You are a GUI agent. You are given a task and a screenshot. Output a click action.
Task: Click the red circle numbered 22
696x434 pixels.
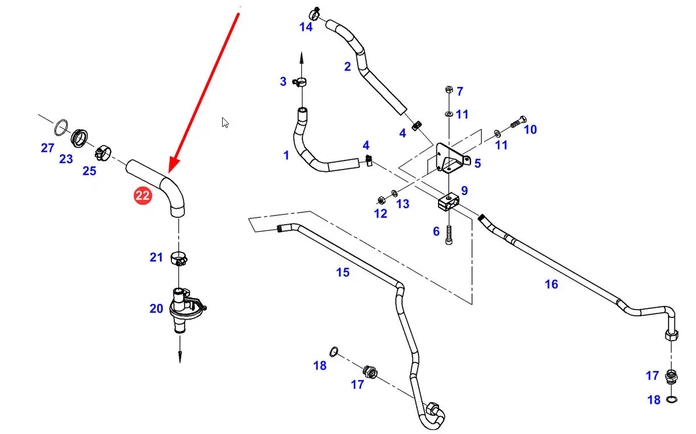click(x=142, y=196)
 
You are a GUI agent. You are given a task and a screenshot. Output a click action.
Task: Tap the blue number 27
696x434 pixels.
click(x=47, y=148)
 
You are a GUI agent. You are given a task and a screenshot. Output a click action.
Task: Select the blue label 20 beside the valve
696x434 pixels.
click(x=157, y=308)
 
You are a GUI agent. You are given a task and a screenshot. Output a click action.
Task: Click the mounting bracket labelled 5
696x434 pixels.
click(x=451, y=158)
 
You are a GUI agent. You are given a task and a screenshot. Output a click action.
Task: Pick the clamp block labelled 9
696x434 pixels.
click(x=449, y=202)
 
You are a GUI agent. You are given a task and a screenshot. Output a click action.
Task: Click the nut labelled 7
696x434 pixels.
click(x=448, y=90)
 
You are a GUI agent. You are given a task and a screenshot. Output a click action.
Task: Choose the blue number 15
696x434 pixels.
click(x=342, y=272)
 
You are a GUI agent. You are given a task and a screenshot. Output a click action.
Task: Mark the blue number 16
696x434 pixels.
click(x=551, y=284)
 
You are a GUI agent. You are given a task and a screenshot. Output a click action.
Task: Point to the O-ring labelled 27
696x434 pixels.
click(x=62, y=125)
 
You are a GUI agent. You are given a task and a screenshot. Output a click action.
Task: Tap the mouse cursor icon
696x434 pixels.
click(x=226, y=122)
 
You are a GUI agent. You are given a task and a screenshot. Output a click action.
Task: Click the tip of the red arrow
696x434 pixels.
click(x=170, y=171)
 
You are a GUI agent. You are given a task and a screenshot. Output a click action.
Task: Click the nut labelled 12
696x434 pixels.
click(x=380, y=199)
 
